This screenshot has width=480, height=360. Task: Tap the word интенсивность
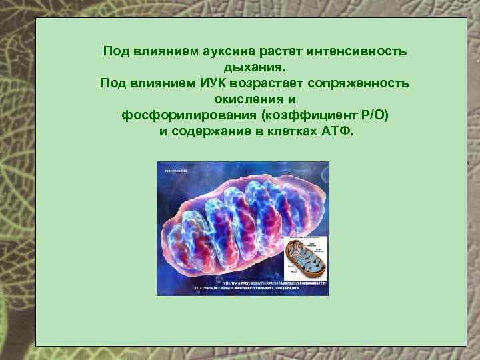(357, 51)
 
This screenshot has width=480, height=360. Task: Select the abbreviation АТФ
(340, 131)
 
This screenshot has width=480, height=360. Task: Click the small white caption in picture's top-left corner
(174, 171)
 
